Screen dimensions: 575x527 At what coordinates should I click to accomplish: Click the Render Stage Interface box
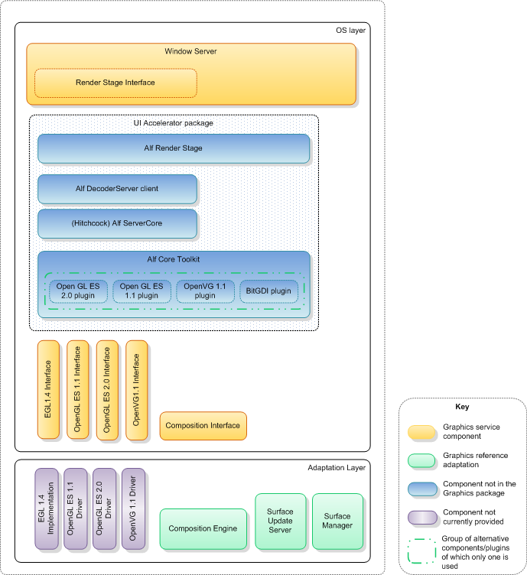[115, 83]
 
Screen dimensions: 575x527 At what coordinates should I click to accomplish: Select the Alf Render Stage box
[174, 148]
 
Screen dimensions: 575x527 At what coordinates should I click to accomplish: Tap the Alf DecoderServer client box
[118, 188]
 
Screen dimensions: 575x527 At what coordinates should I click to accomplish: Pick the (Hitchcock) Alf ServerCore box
[118, 223]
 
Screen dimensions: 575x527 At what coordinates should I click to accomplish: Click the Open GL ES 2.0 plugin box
[78, 291]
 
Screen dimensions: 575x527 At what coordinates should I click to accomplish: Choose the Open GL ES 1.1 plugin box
[142, 291]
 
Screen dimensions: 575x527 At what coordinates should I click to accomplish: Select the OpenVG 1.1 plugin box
[205, 291]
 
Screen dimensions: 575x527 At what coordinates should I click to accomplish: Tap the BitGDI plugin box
[268, 291]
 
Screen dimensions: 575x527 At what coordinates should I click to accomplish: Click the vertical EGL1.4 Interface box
[48, 389]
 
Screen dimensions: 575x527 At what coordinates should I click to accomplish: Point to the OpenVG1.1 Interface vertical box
[136, 389]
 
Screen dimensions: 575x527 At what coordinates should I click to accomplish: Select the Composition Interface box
[203, 426]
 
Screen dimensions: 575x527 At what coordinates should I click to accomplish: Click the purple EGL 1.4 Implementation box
[46, 509]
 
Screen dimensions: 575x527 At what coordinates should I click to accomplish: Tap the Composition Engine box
[203, 528]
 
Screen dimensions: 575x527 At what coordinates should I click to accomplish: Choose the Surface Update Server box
[280, 521]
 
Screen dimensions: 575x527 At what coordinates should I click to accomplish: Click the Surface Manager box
[337, 521]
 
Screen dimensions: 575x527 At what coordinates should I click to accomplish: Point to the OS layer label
[351, 31]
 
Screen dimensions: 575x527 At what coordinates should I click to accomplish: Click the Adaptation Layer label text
[337, 467]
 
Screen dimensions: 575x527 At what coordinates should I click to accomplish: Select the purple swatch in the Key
[421, 516]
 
